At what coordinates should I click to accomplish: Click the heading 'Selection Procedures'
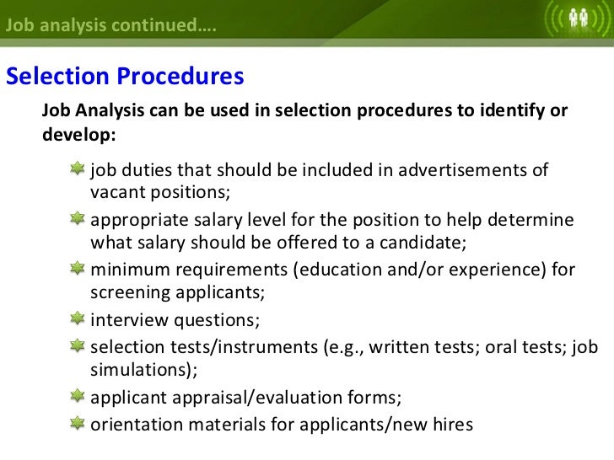pyautogui.click(x=125, y=77)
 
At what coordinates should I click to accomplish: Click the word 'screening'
pyautogui.click(x=130, y=295)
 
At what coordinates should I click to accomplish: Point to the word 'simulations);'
pyautogui.click(x=142, y=371)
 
